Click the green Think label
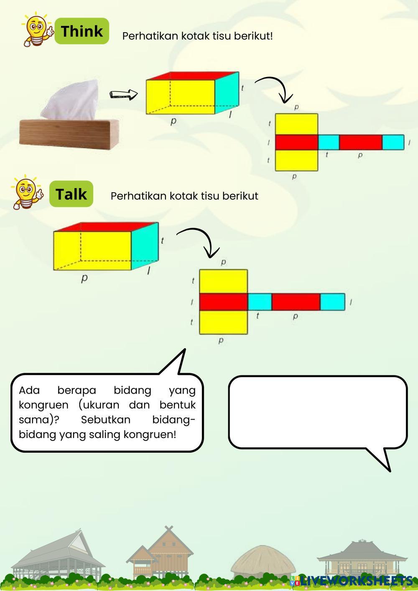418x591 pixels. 82,31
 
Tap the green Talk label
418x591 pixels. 71,194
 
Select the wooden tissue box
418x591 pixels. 69,133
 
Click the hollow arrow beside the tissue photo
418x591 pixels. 124,94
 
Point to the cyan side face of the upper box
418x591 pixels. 227,93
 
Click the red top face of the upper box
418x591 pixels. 192,76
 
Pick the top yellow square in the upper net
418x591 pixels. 296,124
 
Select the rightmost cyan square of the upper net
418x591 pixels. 393,142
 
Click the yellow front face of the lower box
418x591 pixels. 92,250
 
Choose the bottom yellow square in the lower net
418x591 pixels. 223,322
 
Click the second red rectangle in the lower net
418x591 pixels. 296,302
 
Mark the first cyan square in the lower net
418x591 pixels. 260,302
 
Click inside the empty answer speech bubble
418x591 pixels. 318,412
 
